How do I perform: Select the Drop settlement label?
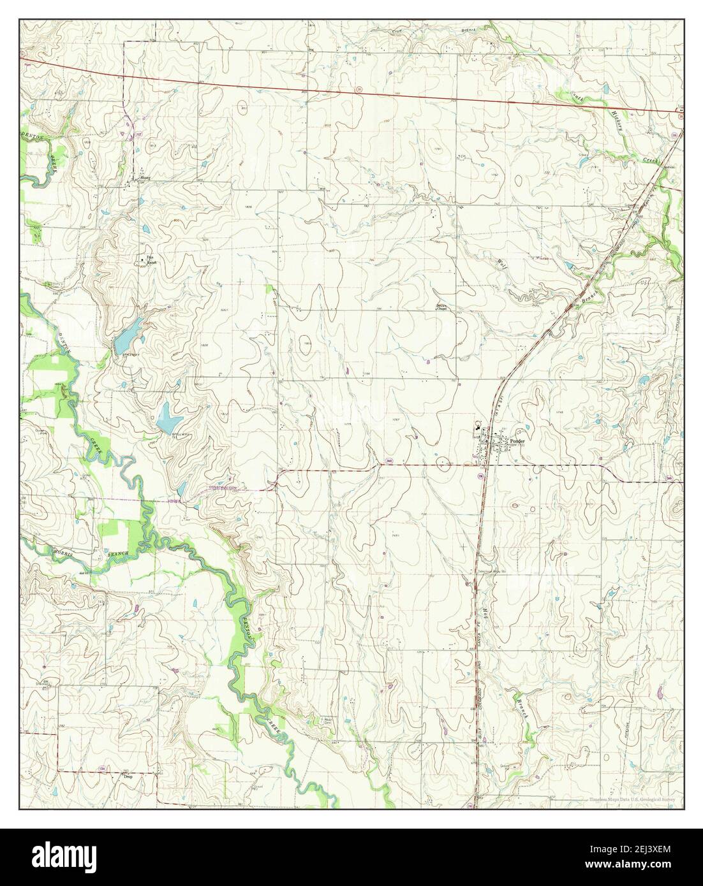tap(128, 776)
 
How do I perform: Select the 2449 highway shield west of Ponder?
tap(388, 460)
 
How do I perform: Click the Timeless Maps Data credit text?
tap(635, 799)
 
